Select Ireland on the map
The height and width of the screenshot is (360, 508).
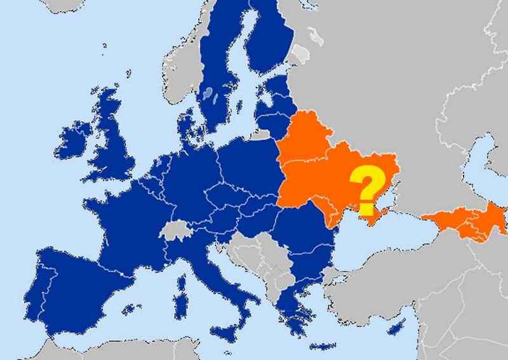point(71,141)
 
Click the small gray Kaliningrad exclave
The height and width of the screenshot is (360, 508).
point(260,135)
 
